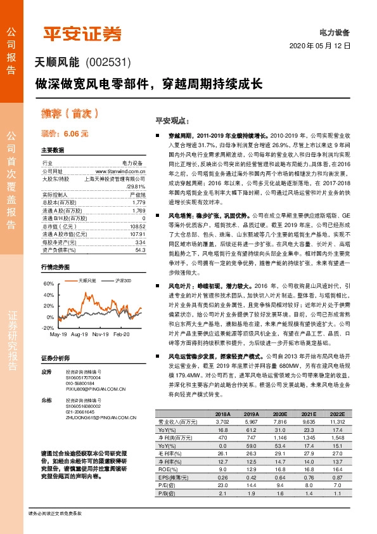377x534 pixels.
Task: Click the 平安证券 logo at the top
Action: [80, 33]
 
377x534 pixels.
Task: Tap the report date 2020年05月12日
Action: [319, 46]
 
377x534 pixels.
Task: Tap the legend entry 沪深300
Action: [124, 280]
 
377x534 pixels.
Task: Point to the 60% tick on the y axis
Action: [49, 283]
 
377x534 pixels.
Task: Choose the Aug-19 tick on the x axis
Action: [79, 334]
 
